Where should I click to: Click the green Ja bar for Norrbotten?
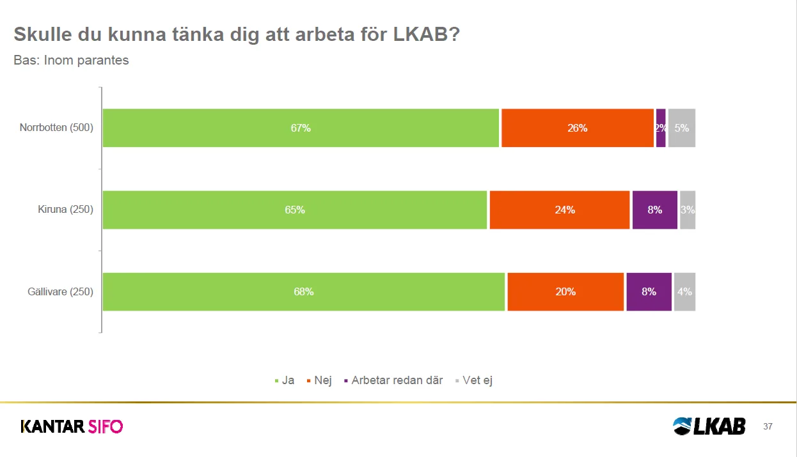[x=301, y=128]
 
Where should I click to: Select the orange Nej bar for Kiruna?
[x=560, y=210]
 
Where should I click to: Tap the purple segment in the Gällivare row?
[x=649, y=291]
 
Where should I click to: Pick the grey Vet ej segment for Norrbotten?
[x=682, y=128]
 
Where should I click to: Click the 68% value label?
[x=304, y=291]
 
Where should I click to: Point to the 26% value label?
[x=577, y=128]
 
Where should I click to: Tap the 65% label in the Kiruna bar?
[x=295, y=210]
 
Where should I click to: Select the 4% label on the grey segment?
[x=684, y=291]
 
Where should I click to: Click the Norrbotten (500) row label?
[x=56, y=128]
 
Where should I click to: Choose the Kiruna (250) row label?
[x=65, y=210]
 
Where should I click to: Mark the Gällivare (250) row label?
[x=61, y=292]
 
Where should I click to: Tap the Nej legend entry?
[x=322, y=380]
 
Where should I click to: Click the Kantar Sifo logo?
[x=72, y=426]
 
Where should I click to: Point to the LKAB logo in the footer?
[x=709, y=426]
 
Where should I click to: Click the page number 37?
[x=768, y=426]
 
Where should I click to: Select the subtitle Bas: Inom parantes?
[x=72, y=61]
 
